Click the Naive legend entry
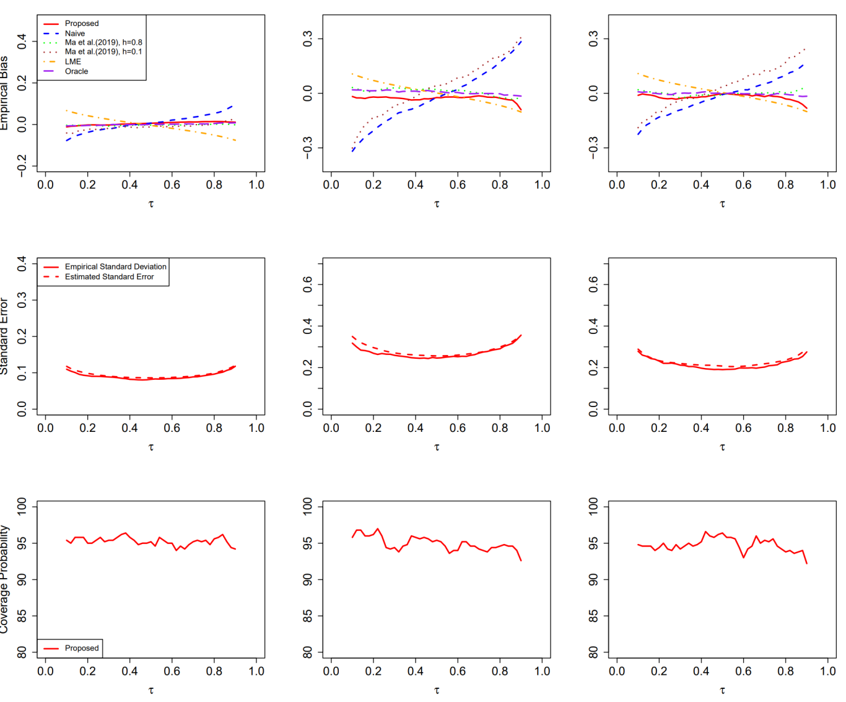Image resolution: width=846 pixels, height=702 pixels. tap(74, 33)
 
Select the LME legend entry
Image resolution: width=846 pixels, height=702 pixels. tap(72, 61)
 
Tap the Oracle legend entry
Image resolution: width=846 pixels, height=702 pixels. tap(76, 71)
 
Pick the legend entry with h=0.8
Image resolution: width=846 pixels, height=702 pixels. tap(103, 43)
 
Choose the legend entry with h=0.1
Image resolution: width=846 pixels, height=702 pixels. tap(103, 52)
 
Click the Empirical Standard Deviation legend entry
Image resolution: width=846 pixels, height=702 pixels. tap(115, 267)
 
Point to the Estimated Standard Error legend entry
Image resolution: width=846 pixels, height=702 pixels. tap(109, 277)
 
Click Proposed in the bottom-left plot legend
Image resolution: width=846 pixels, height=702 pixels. tap(81, 648)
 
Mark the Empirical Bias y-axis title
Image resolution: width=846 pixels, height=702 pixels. tap(4, 93)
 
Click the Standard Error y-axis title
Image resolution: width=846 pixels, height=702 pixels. tap(4, 336)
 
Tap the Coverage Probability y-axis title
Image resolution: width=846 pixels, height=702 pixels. tap(4, 579)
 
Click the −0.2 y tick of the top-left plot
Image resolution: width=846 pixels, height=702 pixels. tap(22, 166)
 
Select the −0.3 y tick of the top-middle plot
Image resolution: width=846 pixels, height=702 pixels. tap(308, 148)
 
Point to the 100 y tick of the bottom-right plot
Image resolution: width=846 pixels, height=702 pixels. tap(593, 507)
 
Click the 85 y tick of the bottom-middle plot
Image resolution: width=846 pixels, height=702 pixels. tap(308, 616)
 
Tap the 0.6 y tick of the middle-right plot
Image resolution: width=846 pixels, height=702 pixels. tap(593, 284)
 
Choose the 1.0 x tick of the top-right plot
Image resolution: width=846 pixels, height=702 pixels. tap(827, 185)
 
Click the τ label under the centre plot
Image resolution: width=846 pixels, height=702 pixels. tap(437, 447)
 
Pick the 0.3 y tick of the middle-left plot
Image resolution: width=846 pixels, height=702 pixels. tap(22, 300)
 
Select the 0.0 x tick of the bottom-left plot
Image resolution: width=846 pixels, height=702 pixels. tap(45, 671)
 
